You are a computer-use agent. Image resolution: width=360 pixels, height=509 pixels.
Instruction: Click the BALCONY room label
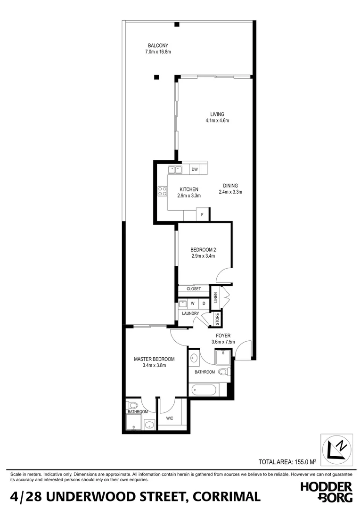pos(158,46)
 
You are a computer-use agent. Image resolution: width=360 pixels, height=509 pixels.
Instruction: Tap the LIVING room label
pos(217,114)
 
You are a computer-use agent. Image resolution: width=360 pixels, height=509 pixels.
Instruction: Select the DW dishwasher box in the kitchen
pos(195,169)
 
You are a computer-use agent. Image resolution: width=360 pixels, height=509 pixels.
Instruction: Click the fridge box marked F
pos(202,214)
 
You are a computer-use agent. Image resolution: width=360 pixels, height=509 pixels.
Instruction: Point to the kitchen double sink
pos(176,169)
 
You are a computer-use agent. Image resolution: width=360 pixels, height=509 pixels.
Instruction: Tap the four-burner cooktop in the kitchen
pos(162,191)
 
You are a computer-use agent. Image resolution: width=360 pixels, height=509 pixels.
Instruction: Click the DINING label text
pos(230,186)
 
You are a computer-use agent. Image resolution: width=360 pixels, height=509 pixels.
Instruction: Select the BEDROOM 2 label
pos(203,250)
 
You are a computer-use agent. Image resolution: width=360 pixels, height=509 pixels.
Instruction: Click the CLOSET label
pos(194,289)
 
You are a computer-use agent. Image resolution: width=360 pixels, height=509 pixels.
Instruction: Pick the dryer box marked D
pos(204,304)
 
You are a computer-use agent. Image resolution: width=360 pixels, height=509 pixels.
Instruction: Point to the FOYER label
pos(223,336)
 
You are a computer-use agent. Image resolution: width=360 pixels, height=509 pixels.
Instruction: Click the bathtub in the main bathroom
pos(204,390)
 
